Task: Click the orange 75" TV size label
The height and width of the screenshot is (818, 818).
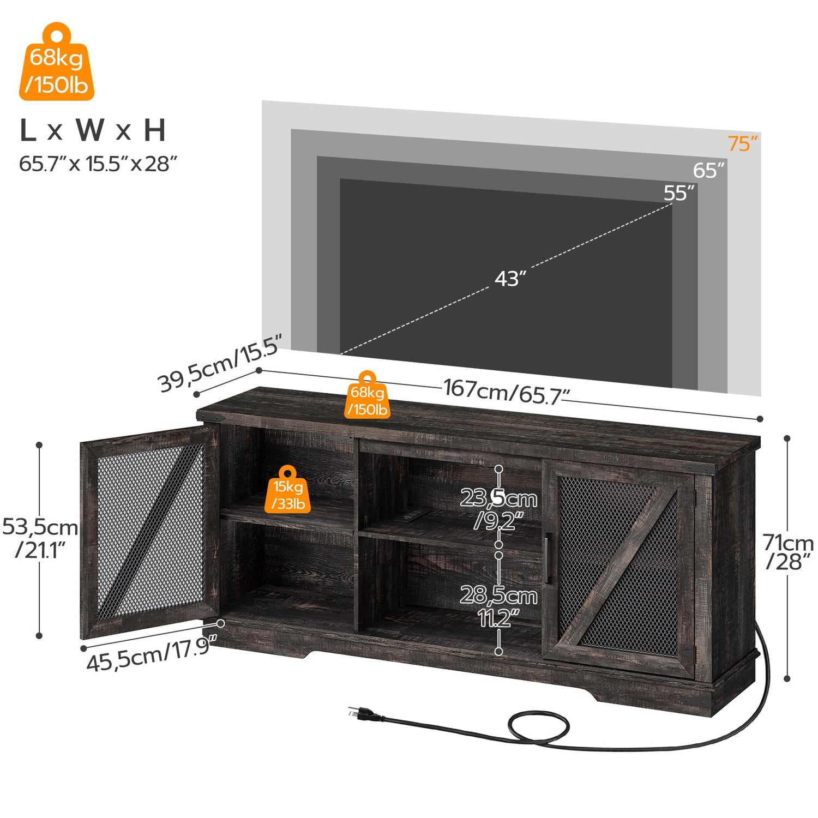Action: click(x=742, y=143)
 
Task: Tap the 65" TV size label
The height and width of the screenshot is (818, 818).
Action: click(x=708, y=170)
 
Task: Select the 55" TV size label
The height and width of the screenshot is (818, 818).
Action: click(x=679, y=193)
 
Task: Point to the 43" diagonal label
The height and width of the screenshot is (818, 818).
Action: click(x=510, y=279)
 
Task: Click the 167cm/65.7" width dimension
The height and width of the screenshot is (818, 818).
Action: click(x=507, y=392)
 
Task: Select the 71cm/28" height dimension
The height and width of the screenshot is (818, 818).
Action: click(x=788, y=552)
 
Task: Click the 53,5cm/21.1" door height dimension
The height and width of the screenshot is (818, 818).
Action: click(x=40, y=538)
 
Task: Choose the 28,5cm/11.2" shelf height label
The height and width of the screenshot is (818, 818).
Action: click(x=498, y=606)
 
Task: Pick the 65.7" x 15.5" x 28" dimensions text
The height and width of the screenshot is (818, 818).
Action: click(x=98, y=164)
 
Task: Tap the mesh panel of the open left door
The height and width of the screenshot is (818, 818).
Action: click(x=150, y=532)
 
